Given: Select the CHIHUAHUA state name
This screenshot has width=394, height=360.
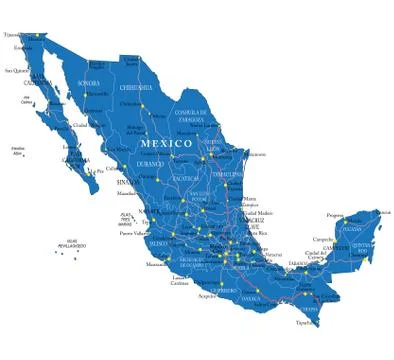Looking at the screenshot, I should [x=136, y=87].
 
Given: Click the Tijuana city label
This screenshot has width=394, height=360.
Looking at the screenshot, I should [x=11, y=35].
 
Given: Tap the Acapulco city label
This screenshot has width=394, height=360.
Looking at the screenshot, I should [x=207, y=296].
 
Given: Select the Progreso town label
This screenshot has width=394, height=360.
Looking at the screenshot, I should [x=335, y=215].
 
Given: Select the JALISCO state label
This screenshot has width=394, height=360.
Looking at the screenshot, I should [x=158, y=243].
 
